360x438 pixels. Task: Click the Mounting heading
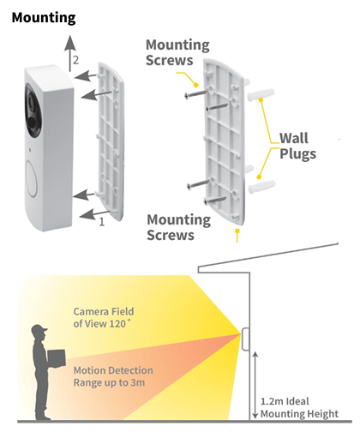pyautogui.click(x=44, y=17)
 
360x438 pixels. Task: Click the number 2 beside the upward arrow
pyautogui.click(x=76, y=60)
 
